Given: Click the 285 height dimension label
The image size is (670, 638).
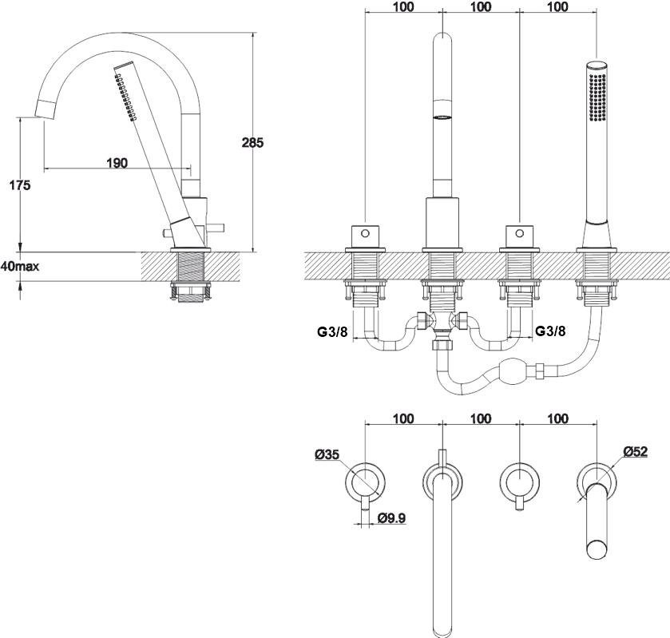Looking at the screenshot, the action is point(252,142).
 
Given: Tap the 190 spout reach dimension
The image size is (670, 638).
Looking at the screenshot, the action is point(117,163).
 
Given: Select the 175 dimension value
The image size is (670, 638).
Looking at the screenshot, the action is point(20,185).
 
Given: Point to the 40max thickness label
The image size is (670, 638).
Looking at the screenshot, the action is point(20,266).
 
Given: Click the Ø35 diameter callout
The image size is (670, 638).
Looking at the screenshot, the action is point(327,454).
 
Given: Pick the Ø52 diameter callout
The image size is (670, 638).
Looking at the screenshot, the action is point(636,451).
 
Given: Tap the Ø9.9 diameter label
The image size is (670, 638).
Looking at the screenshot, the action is point(392,518).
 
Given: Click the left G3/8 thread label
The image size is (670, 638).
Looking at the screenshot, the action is point(332,331).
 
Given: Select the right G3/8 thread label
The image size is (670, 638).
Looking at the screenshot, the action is point(550,331).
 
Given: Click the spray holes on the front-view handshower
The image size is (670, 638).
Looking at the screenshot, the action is point(597,97).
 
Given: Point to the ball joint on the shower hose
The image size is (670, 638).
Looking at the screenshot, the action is point(511,371).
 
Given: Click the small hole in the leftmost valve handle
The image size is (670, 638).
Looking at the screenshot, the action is point(365,233).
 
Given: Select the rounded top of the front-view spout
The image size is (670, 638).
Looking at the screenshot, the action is point(442,38).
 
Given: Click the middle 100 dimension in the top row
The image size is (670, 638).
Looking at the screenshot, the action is point(481,7).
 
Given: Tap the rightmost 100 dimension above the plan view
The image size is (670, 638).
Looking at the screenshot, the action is point(557,418).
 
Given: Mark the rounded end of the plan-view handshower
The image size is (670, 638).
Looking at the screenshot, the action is point(597,549).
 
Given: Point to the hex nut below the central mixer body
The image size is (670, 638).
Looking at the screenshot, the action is point(442,344).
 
